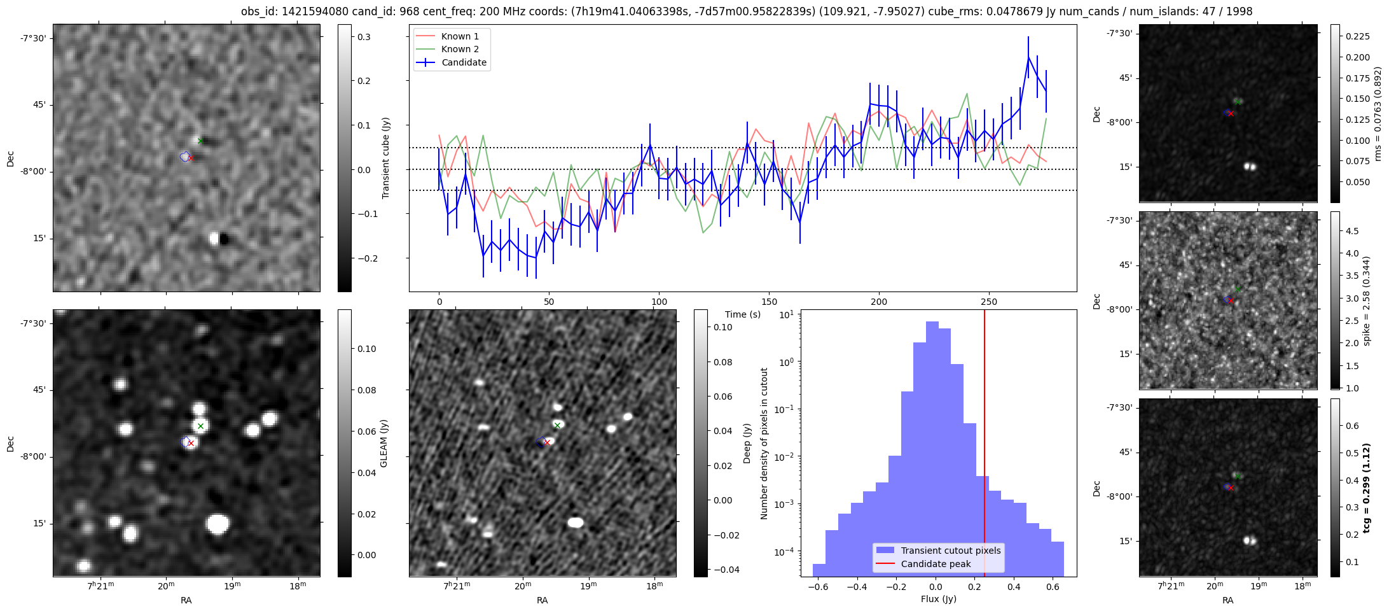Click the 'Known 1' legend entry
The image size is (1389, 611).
tap(459, 36)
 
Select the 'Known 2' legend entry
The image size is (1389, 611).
tap(459, 49)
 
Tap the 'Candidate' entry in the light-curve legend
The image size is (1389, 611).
tap(464, 62)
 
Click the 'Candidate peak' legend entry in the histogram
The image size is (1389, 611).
tap(936, 564)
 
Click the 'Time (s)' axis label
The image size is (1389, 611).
tap(743, 314)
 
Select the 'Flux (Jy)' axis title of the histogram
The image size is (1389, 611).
tap(938, 599)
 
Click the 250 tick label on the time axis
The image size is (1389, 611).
tap(989, 302)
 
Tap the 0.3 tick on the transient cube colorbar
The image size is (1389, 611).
tap(364, 37)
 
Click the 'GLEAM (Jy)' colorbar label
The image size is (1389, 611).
tap(384, 444)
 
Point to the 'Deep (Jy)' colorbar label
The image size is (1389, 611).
tap(747, 444)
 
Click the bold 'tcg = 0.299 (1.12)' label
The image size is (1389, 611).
tap(1367, 488)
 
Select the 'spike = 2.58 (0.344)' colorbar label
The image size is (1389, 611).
tap(1367, 300)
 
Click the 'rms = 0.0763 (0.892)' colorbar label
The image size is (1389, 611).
tap(1378, 114)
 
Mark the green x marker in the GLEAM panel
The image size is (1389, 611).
tap(200, 426)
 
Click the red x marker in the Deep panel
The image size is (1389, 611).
tap(547, 442)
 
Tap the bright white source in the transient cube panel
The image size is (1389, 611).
tap(215, 239)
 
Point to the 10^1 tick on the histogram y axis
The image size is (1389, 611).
tap(786, 314)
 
